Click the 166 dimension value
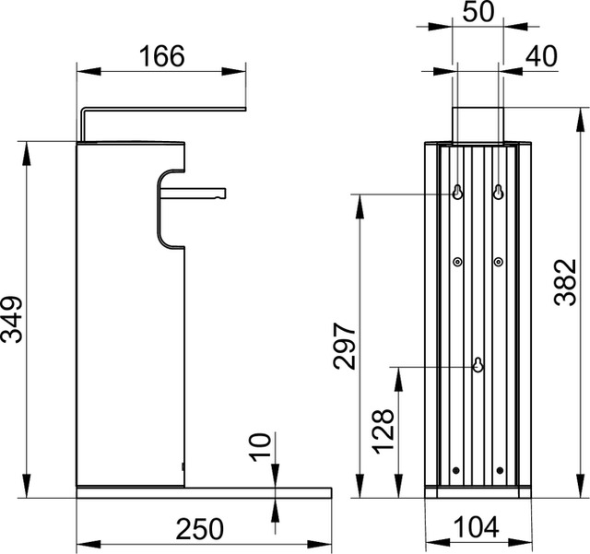162,56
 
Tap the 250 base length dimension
200,529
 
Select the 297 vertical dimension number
343,346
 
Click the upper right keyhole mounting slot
498,192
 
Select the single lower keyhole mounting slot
478,364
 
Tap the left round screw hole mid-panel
457,263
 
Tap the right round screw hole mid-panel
498,263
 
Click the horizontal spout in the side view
194,194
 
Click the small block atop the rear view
478,124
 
